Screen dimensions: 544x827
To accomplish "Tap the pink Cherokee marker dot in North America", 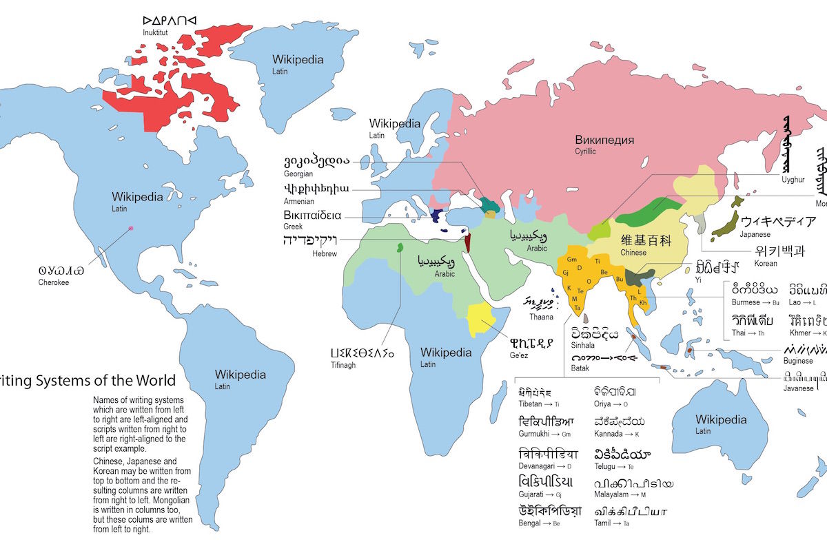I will [x=130, y=228].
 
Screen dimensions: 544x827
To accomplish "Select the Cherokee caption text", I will [x=54, y=282].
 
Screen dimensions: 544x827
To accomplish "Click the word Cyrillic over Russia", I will [x=588, y=151].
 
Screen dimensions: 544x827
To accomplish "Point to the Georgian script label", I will [x=298, y=174].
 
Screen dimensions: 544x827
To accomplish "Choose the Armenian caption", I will [x=298, y=201].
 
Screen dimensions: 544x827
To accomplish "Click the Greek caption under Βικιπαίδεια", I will [x=293, y=227].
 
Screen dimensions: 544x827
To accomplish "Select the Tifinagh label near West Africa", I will [x=343, y=365].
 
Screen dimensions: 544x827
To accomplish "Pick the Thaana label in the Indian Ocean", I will [x=541, y=317].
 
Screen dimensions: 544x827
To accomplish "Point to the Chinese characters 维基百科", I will [x=646, y=240].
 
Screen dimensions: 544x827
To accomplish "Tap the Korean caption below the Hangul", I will [x=766, y=264].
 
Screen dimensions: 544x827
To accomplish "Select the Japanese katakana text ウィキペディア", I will [x=779, y=222].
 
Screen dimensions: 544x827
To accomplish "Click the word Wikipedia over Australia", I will [x=721, y=419].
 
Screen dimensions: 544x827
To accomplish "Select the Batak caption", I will [x=580, y=368].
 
